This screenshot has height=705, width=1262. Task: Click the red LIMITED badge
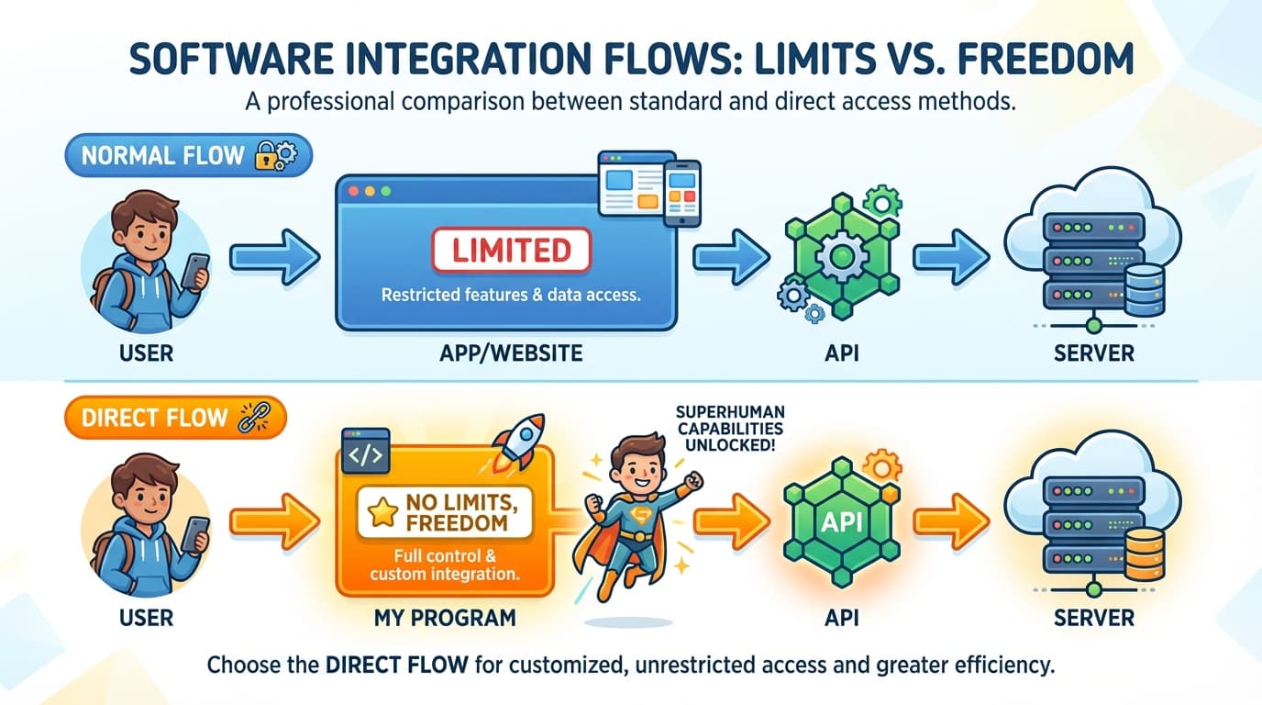point(512,250)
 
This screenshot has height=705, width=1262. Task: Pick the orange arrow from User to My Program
point(273,521)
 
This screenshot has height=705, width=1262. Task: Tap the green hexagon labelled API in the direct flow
point(840,521)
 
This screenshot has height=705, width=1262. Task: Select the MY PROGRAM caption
point(445,618)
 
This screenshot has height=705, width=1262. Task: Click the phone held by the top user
point(195,270)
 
